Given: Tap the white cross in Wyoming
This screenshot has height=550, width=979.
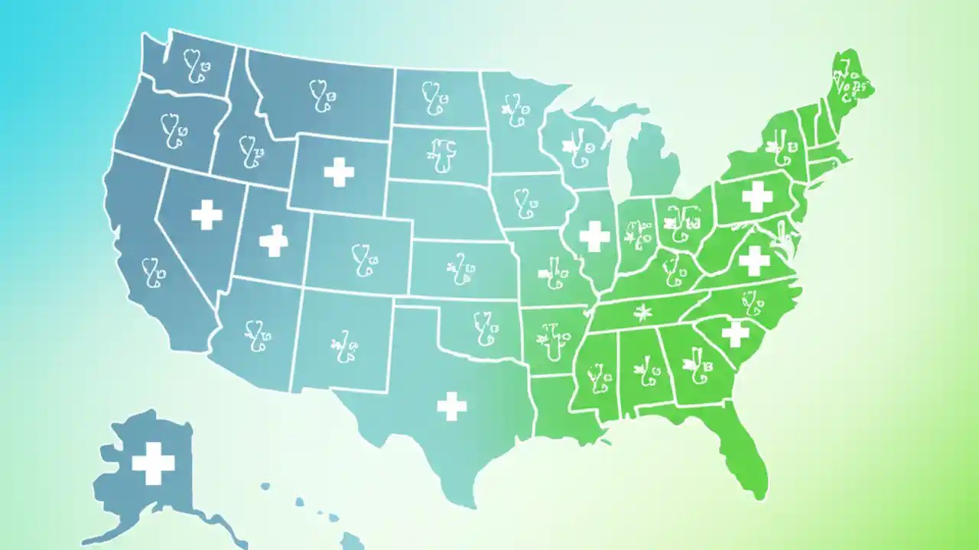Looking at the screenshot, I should pos(339,172).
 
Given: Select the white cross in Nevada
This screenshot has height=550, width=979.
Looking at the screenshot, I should pos(207,215).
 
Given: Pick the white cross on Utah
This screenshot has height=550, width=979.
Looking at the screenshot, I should pos(273,241).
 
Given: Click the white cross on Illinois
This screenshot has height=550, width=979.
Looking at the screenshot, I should pos(594,236).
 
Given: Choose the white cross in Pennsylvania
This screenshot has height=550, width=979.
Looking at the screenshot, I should pos(757,196).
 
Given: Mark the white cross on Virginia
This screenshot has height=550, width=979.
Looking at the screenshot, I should pos(753,260).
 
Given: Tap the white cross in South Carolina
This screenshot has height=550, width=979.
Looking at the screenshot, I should pos(735,333).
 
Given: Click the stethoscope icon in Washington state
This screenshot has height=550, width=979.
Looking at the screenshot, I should pos(196,66).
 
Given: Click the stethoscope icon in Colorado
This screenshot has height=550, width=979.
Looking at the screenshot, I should pos(363,259).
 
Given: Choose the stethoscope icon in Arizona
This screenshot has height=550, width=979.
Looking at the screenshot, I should pos(258,334).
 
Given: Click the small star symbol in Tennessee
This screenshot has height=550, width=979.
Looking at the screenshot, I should pos(642,312).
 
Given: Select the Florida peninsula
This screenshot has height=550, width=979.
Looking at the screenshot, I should pos(746,443).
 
